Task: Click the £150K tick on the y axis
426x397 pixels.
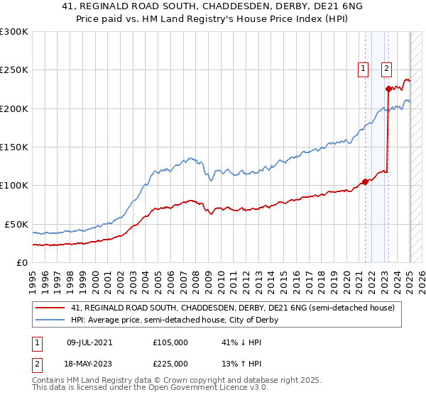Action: coord(13,147)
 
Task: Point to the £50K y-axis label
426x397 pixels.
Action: coord(16,224)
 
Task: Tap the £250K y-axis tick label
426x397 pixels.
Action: coord(13,70)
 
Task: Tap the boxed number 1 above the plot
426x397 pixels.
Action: coord(363,69)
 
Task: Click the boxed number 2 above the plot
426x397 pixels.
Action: coord(386,69)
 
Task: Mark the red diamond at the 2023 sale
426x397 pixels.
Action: coord(388,89)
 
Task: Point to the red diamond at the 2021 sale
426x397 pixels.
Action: coord(365,181)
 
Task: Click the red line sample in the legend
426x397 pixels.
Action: coord(50,308)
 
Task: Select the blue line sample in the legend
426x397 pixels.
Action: coord(50,320)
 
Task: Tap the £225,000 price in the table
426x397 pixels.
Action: coord(170,364)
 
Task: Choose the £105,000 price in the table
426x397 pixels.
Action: coord(170,342)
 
